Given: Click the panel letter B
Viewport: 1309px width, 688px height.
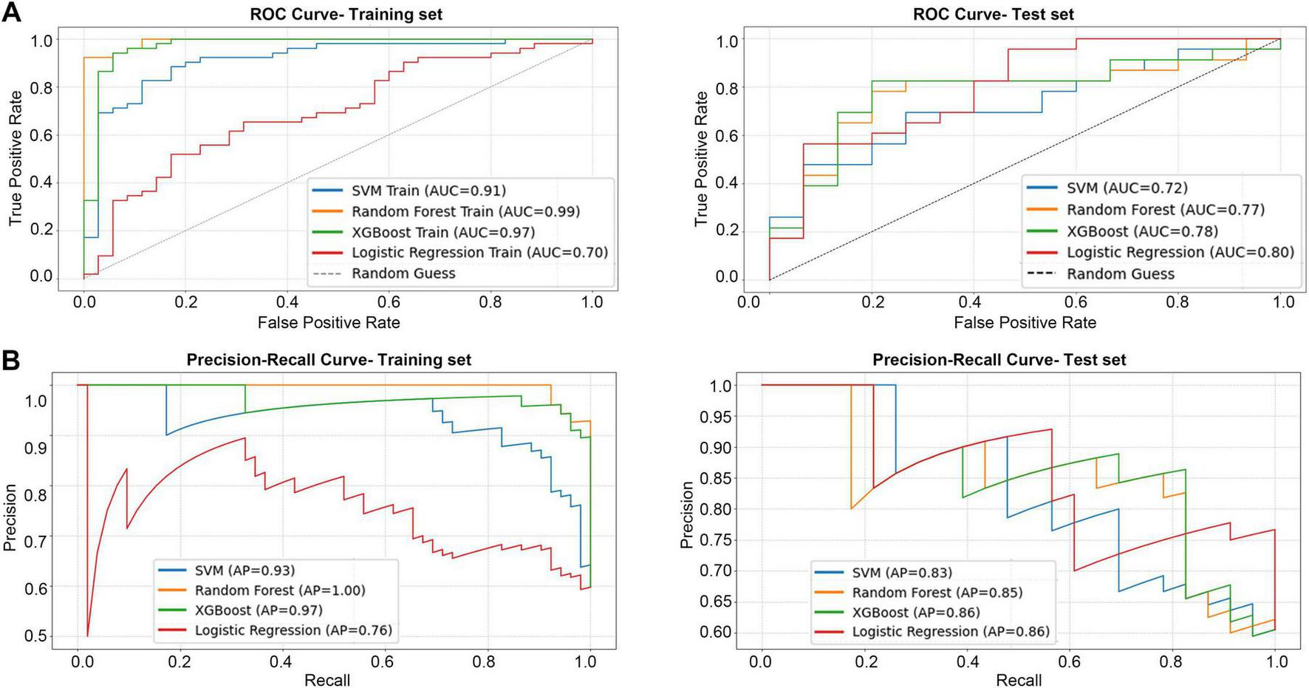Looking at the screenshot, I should (11, 360).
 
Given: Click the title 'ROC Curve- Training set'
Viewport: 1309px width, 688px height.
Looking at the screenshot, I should (346, 14).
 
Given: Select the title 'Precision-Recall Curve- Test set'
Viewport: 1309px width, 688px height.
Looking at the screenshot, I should (999, 360).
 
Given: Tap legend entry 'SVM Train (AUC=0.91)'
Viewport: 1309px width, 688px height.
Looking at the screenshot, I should (428, 191).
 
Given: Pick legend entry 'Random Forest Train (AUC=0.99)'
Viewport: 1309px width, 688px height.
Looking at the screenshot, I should (465, 211).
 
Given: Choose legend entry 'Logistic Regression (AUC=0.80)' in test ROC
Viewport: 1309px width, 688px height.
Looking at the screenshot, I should (1180, 252).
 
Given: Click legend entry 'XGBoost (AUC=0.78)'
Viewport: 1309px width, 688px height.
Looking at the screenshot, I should (1142, 231).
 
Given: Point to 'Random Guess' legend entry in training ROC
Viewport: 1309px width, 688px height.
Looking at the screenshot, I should (403, 273).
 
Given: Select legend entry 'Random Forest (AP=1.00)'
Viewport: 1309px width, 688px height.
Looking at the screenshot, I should (280, 590).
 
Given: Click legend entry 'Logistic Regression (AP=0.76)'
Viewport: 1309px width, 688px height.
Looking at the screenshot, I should (293, 630).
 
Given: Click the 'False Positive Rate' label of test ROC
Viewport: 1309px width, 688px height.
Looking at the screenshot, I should (1025, 322).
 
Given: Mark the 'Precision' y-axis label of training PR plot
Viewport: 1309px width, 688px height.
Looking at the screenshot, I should (10, 517).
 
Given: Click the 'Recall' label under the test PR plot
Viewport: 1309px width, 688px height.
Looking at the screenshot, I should (1018, 680).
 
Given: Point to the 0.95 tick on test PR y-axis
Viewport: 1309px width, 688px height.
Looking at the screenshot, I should (716, 417).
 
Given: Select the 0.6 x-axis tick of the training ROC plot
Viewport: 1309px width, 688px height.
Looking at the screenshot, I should (389, 302).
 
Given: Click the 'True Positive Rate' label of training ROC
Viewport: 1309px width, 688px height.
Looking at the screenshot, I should (15, 158).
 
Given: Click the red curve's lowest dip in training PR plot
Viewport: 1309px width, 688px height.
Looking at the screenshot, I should (88, 636).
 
